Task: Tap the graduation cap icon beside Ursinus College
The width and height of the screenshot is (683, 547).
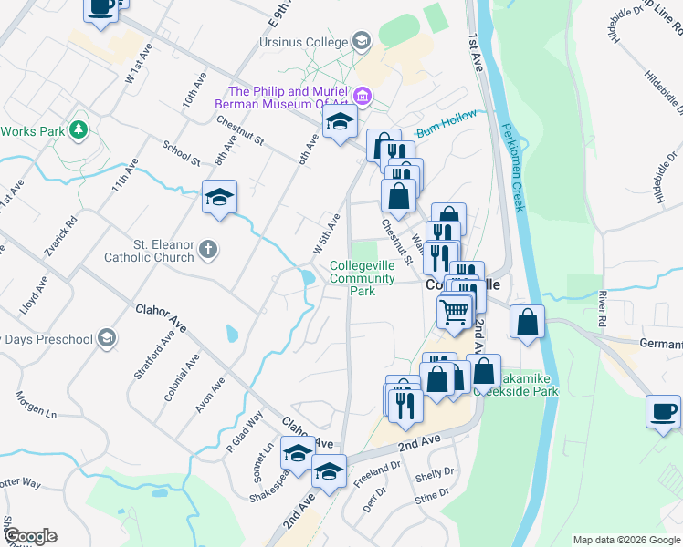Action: [x=362, y=42]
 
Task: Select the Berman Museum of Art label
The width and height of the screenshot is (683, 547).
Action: [x=289, y=98]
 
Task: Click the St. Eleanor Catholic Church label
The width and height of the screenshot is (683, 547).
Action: [x=163, y=251]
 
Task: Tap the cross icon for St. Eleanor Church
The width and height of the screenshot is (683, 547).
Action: [x=208, y=249]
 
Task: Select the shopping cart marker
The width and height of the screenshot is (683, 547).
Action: [x=455, y=312]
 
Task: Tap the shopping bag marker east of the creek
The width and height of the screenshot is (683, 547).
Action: [x=528, y=322]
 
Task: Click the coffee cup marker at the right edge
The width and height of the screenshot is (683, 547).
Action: [x=662, y=410]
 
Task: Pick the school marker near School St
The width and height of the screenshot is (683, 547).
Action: [x=220, y=197]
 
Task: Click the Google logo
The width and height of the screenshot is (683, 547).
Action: [x=29, y=536]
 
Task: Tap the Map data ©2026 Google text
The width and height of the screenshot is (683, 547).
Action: [x=625, y=540]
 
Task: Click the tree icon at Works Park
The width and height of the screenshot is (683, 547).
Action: [x=79, y=130]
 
